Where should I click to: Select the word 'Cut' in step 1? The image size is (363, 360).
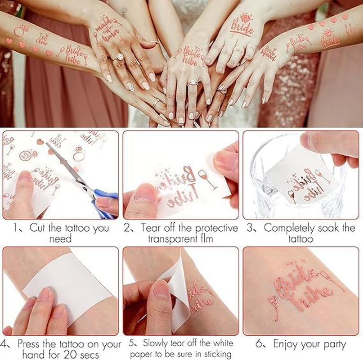pyautogui.click(x=39, y=228)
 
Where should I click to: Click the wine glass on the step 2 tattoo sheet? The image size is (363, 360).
pyautogui.click(x=207, y=178)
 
